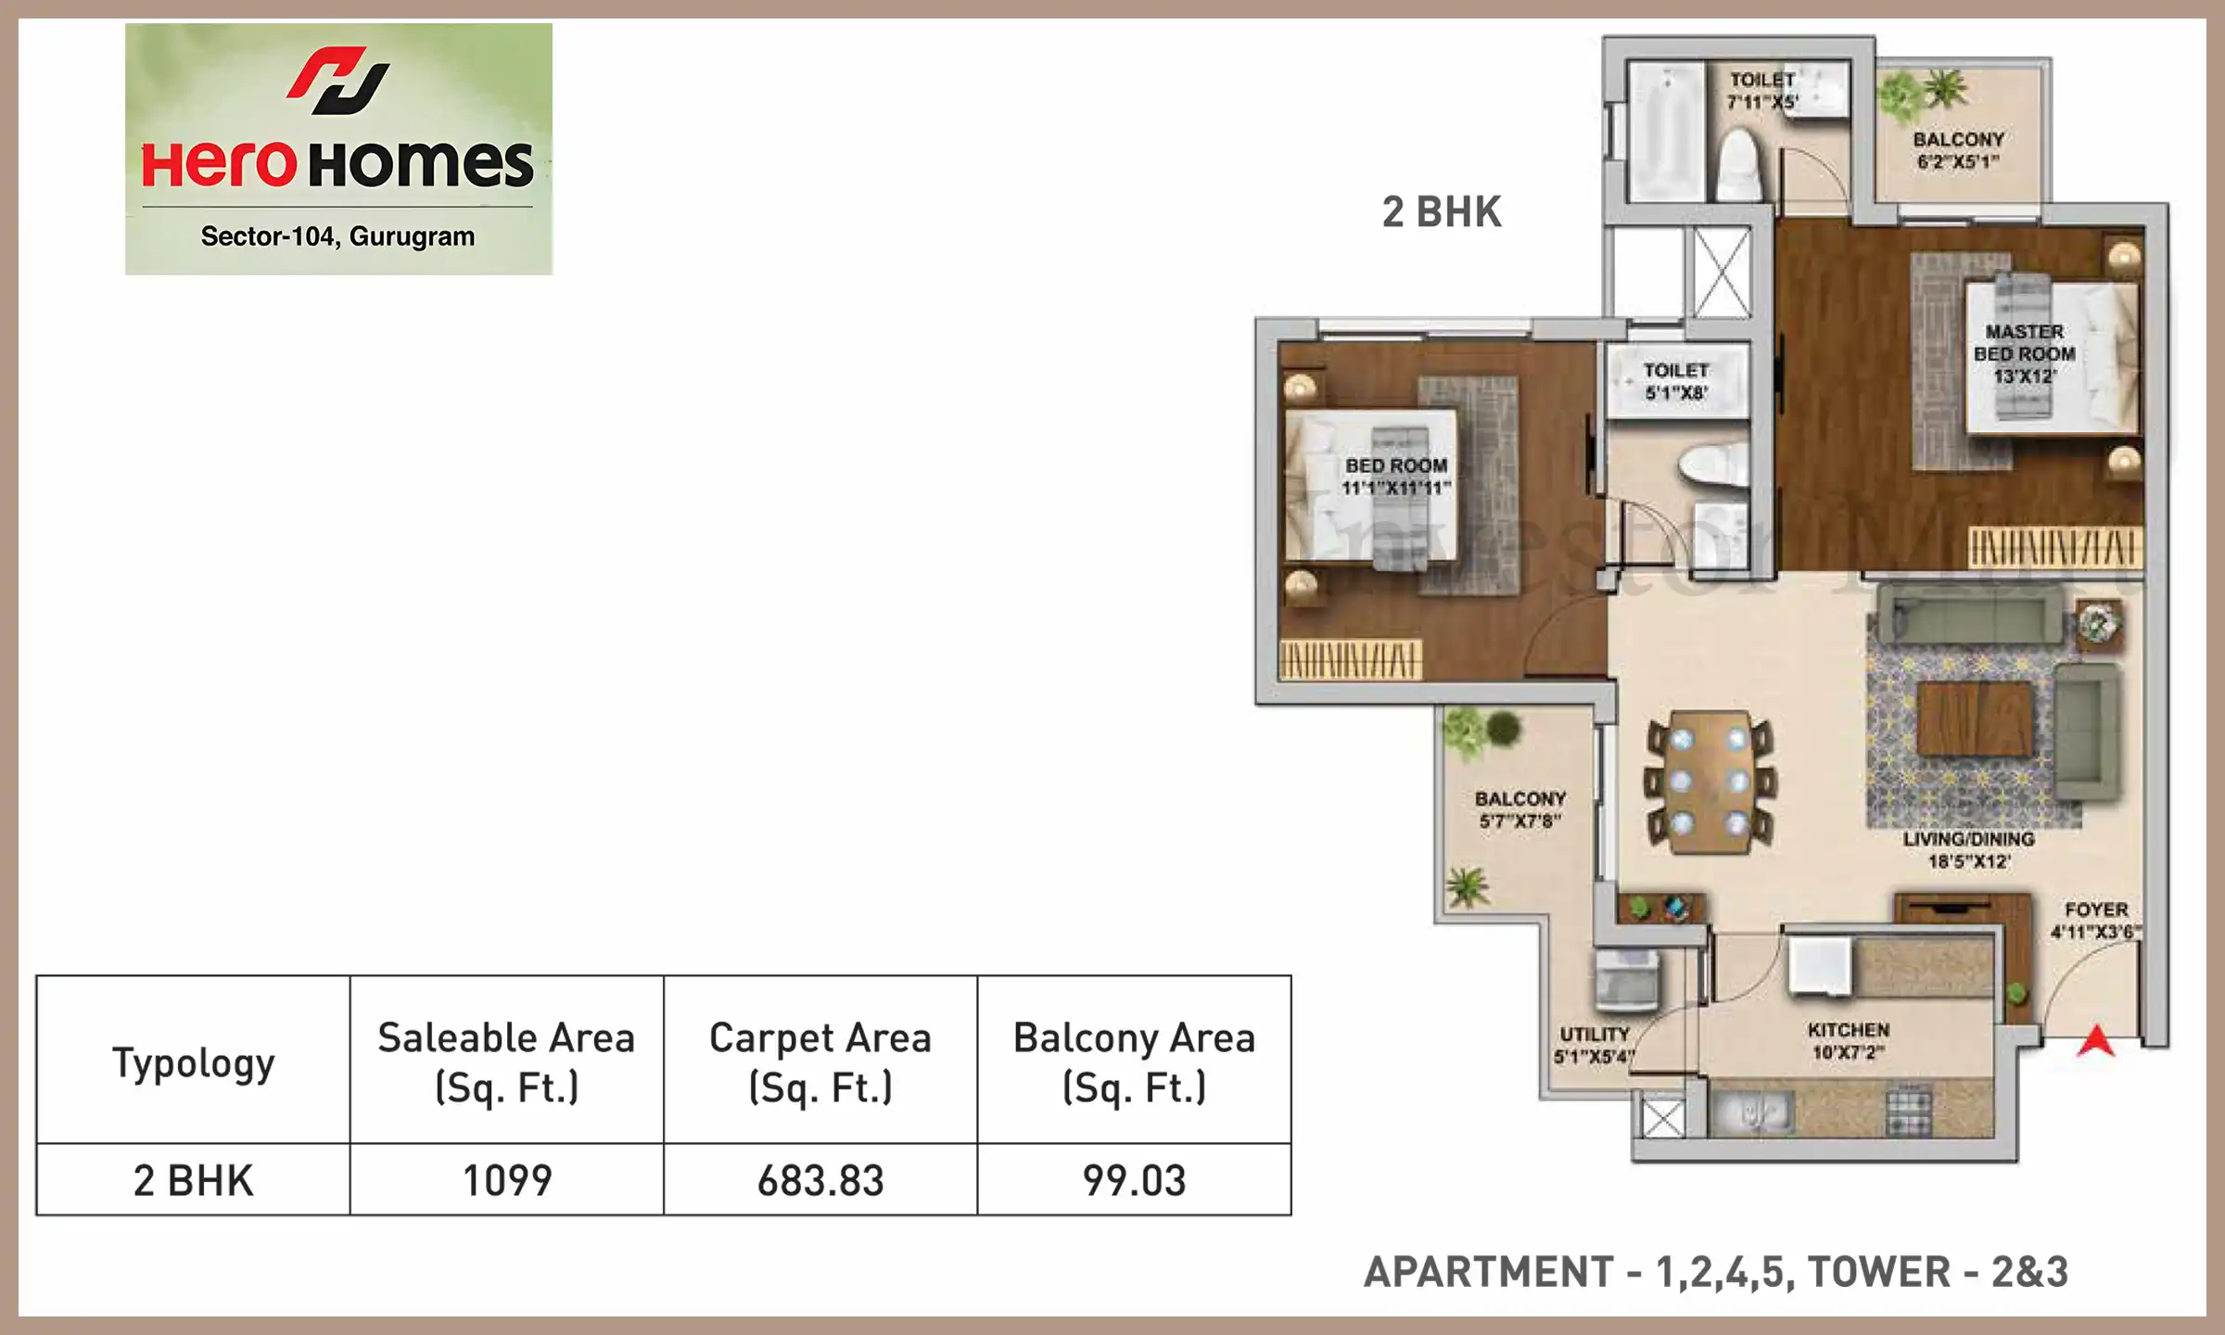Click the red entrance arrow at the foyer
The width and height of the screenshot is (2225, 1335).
pyautogui.click(x=2096, y=1042)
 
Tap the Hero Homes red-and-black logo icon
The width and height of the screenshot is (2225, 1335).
pyautogui.click(x=338, y=81)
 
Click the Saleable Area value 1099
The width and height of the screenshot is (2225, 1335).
pyautogui.click(x=507, y=1181)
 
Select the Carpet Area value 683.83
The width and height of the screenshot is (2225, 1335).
pyautogui.click(x=820, y=1181)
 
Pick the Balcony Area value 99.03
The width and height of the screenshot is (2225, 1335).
pyautogui.click(x=1135, y=1181)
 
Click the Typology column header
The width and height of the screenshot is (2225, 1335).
pyautogui.click(x=194, y=1062)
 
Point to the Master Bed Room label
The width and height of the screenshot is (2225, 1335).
pyautogui.click(x=2025, y=353)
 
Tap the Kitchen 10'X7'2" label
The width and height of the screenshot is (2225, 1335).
pyautogui.click(x=1849, y=1041)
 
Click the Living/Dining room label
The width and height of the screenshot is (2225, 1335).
pyautogui.click(x=1969, y=850)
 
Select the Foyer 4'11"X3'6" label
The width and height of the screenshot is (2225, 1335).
pyautogui.click(x=2096, y=921)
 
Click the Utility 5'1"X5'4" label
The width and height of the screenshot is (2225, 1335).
pyautogui.click(x=1595, y=1045)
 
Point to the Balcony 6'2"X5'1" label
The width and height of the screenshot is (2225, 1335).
pyautogui.click(x=1959, y=150)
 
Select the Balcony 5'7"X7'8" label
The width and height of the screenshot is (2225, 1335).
pyautogui.click(x=1520, y=809)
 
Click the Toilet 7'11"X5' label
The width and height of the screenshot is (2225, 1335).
pyautogui.click(x=1762, y=91)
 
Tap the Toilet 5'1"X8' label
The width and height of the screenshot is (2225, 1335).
pyautogui.click(x=1676, y=381)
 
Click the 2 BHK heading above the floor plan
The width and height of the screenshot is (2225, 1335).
pyautogui.click(x=1442, y=212)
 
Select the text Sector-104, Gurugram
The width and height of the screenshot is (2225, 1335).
pyautogui.click(x=337, y=237)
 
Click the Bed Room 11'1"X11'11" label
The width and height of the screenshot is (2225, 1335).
pyautogui.click(x=1396, y=477)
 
